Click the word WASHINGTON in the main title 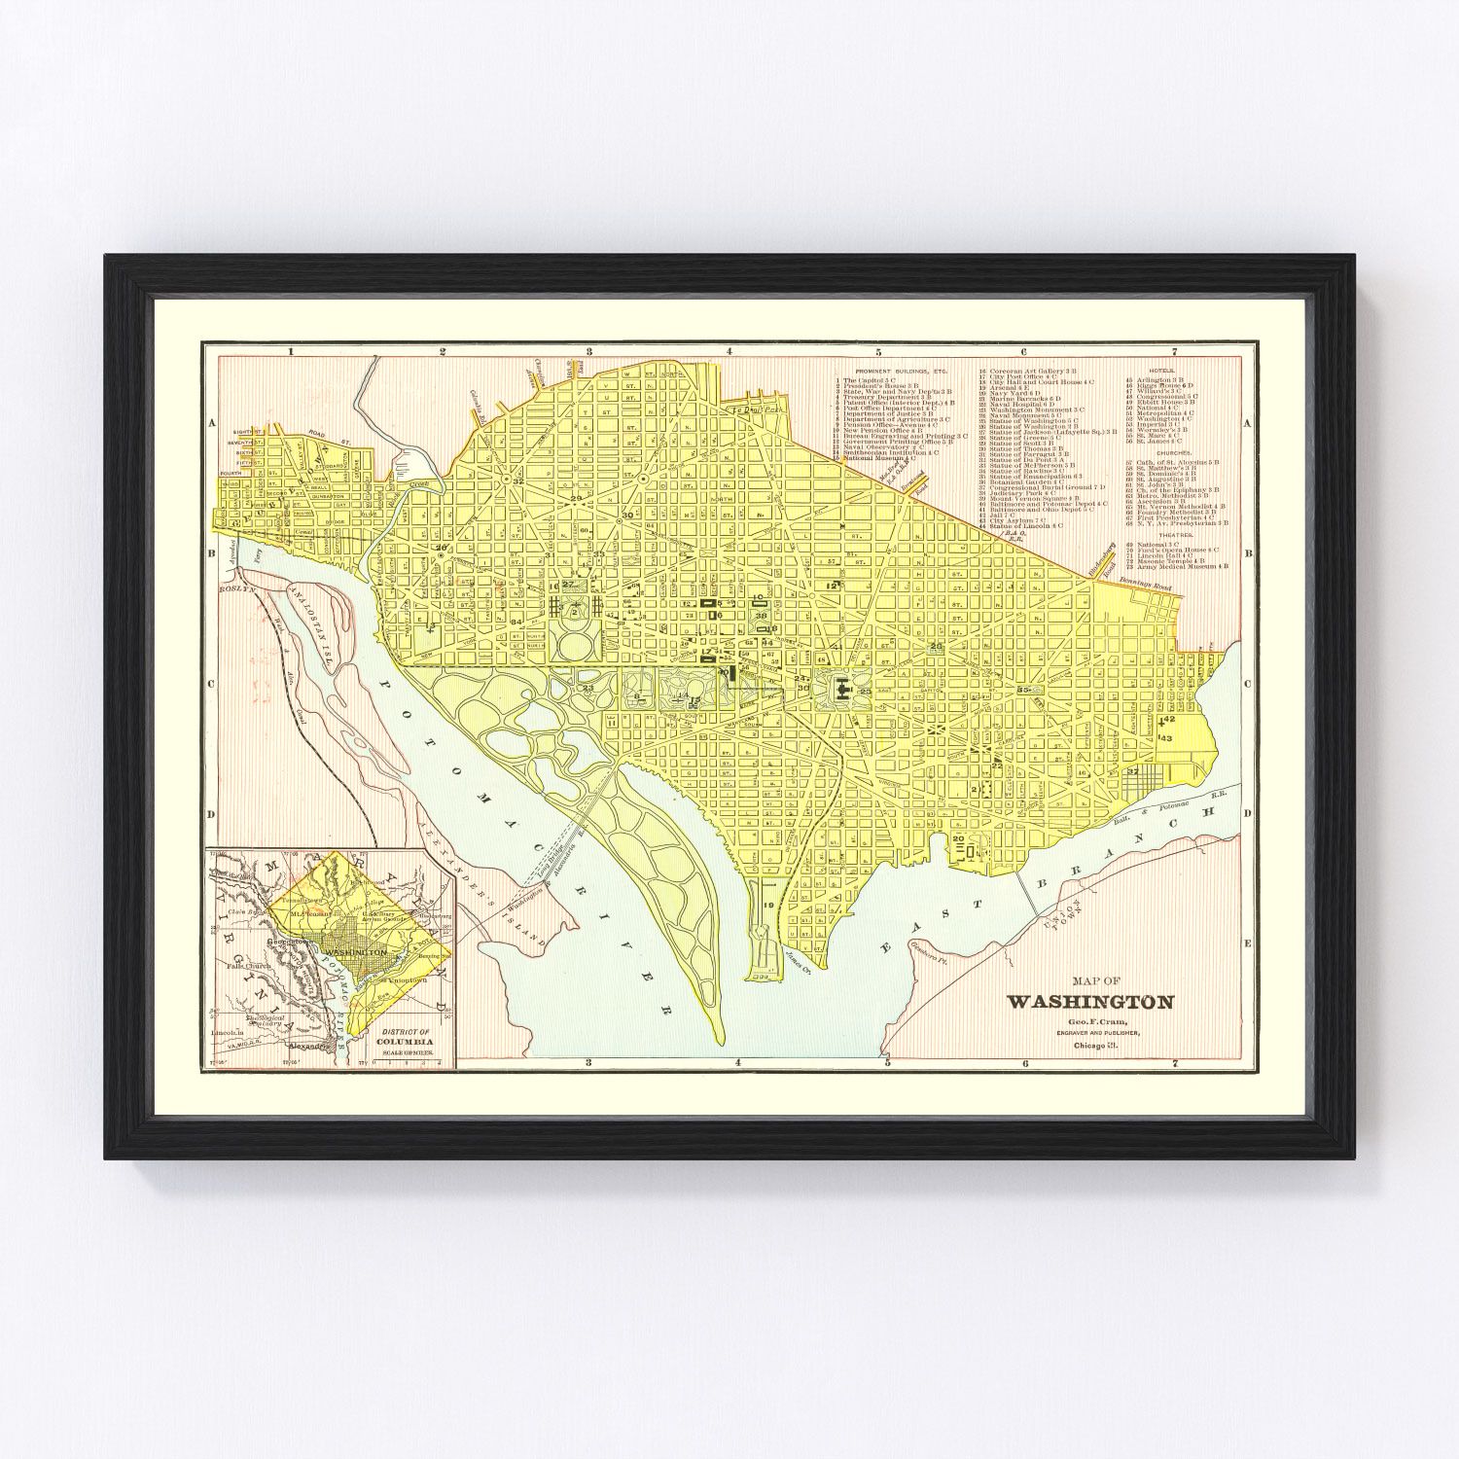pyautogui.click(x=1089, y=1002)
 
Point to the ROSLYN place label pyautogui.click(x=235, y=588)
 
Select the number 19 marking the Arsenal pyautogui.click(x=768, y=906)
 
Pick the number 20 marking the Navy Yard pyautogui.click(x=958, y=838)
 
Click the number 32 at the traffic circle pyautogui.click(x=519, y=481)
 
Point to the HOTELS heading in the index pyautogui.click(x=1161, y=371)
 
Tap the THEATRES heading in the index pyautogui.click(x=1168, y=534)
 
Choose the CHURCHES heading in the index pyautogui.click(x=1167, y=452)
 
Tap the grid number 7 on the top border pyautogui.click(x=1174, y=351)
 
